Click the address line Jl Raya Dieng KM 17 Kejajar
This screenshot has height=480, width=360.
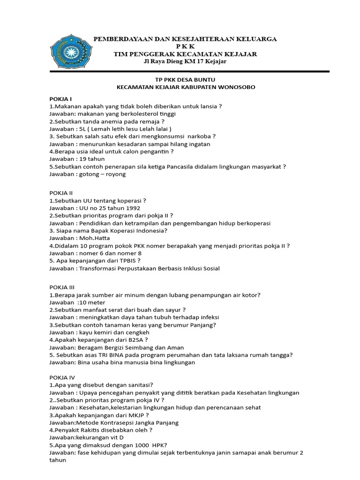185,62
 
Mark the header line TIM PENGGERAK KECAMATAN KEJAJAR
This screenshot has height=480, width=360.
185,54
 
